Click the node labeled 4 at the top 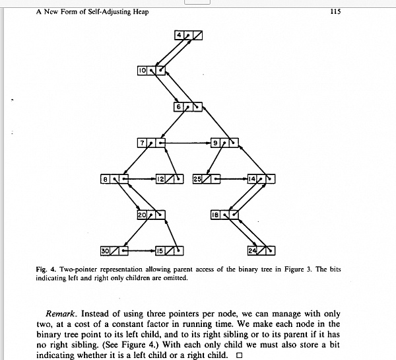189,35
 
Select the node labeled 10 152,70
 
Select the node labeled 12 169,178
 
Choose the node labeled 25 206,178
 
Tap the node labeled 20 151,215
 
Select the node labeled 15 169,250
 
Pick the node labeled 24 261,250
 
